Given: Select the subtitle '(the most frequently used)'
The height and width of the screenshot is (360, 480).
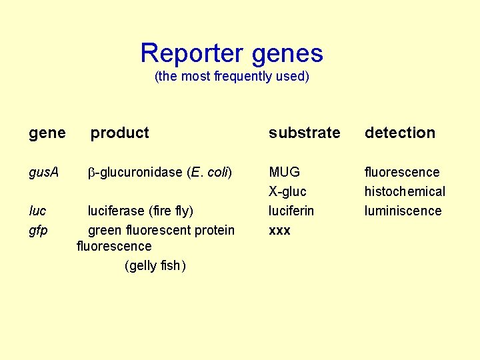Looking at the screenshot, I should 232,77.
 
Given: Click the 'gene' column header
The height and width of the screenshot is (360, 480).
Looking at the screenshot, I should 47,133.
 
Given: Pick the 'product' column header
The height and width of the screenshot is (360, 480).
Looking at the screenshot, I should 120,133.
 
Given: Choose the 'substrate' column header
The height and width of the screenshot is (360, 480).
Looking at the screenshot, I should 305,133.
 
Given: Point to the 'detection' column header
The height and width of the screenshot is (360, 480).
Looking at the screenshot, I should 399,133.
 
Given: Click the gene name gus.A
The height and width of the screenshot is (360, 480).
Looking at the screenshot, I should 44,173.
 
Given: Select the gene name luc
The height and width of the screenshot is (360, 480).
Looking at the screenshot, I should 38,211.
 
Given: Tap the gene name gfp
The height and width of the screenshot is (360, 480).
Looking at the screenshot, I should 39,231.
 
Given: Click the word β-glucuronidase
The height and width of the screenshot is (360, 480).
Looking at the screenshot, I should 136,173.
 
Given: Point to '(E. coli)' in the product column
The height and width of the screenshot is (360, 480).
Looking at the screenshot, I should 209,173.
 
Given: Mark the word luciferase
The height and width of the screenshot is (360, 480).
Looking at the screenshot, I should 118,211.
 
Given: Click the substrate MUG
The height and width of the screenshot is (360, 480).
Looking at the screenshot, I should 284,173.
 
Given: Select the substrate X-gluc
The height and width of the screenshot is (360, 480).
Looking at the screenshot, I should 287,192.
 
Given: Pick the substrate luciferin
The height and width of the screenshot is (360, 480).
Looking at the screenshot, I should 291,211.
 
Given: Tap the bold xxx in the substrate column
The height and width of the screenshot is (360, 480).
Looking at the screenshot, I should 279,231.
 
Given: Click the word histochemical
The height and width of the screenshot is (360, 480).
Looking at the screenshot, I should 405,192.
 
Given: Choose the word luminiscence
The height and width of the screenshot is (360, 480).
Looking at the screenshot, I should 403,211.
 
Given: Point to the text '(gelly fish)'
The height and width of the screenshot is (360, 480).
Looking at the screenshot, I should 155,266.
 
